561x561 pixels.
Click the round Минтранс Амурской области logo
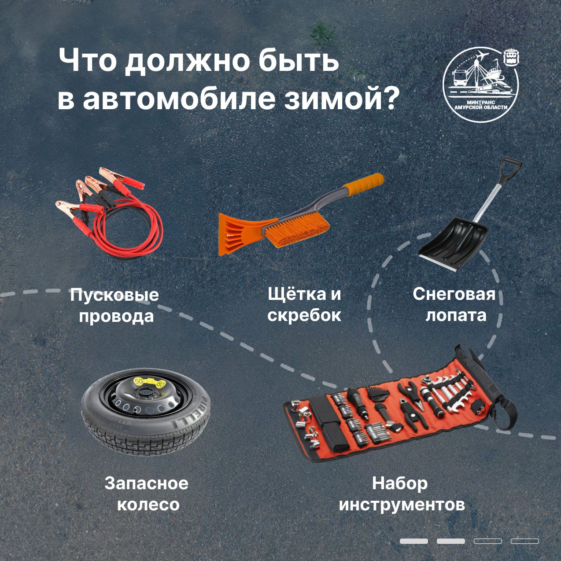480,84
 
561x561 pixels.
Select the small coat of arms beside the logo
512,59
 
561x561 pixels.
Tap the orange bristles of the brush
296,229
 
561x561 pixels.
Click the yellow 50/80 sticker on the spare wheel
148,382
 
